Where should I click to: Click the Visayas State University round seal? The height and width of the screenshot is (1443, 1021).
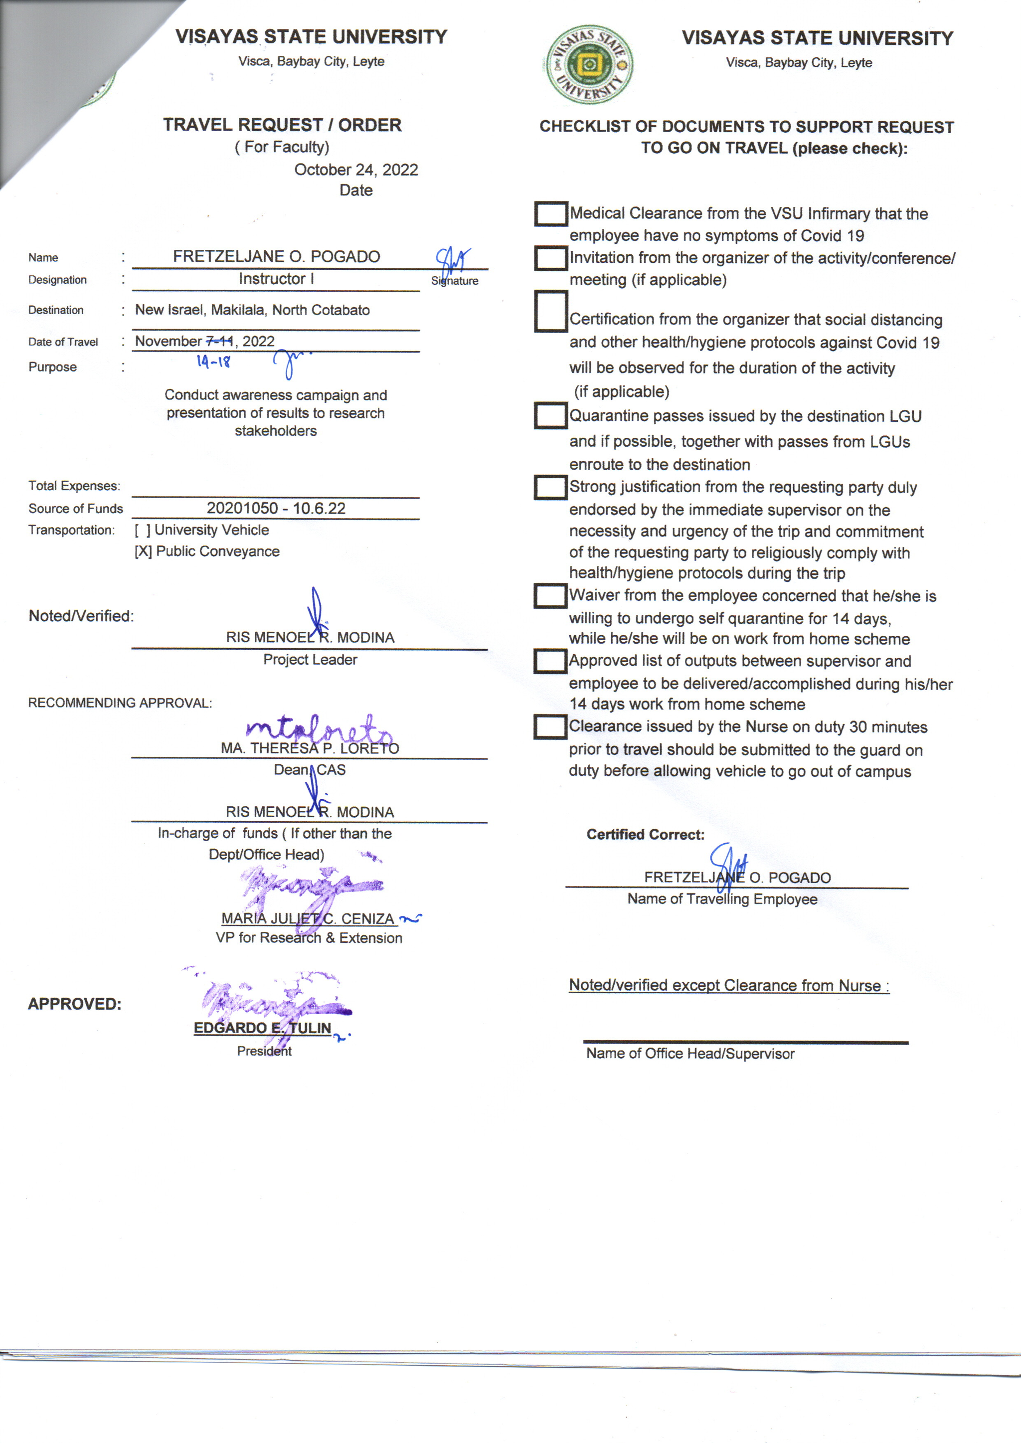tap(589, 64)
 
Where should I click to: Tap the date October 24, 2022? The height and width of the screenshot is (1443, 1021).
tap(356, 170)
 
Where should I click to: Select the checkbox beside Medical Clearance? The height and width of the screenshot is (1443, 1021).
tap(551, 214)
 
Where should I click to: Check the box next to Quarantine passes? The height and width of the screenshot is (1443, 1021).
tap(551, 416)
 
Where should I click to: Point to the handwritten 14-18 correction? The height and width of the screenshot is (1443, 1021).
tap(214, 361)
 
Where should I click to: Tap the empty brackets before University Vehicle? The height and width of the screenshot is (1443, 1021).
tap(143, 530)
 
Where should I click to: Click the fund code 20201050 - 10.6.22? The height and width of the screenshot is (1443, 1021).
tap(276, 508)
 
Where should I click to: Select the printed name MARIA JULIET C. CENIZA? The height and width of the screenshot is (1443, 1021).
tap(308, 918)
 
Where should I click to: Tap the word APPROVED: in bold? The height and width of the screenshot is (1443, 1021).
tap(74, 1004)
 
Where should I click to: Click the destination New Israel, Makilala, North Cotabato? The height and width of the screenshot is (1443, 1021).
tap(252, 310)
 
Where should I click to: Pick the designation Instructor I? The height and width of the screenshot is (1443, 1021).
tap(276, 279)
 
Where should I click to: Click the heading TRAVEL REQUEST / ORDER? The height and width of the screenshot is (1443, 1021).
tap(282, 125)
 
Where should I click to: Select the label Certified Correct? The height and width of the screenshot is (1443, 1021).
tap(645, 834)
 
